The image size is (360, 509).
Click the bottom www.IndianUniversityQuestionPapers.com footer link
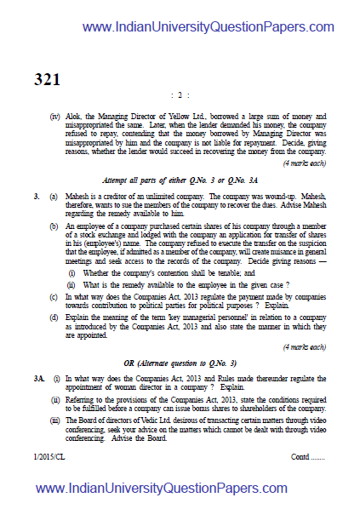click(179, 489)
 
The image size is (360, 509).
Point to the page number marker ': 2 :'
click(180, 95)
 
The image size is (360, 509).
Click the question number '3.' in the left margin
click(37, 197)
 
